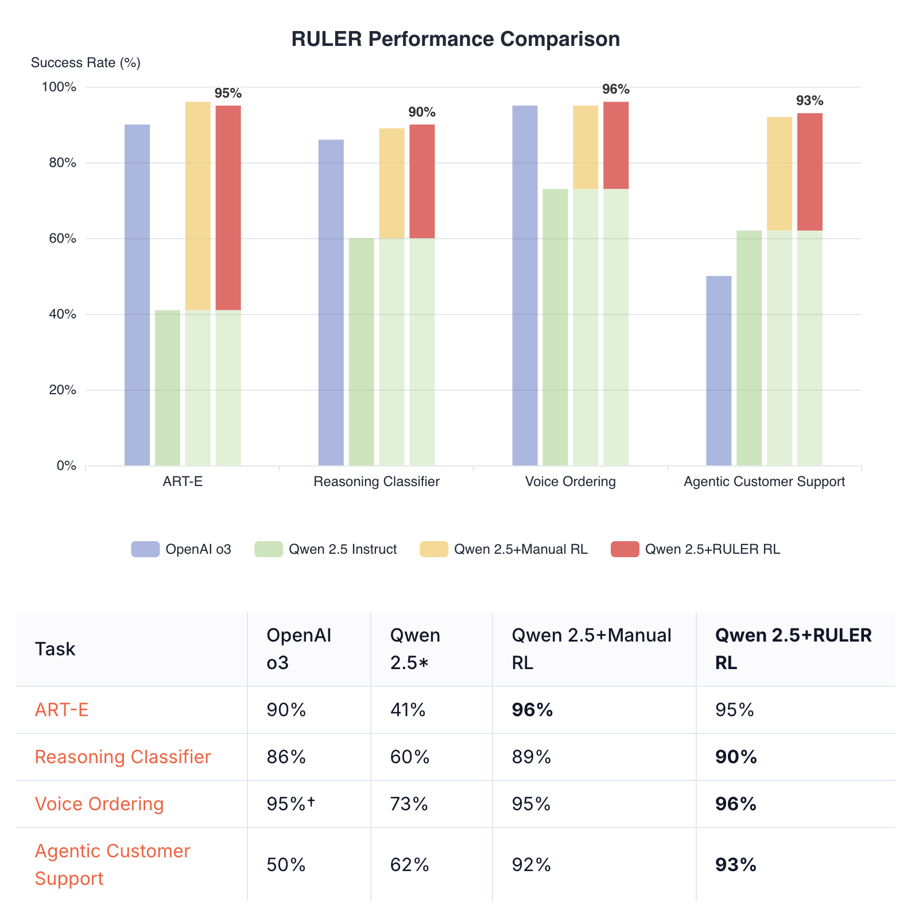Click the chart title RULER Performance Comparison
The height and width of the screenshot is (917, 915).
click(x=455, y=39)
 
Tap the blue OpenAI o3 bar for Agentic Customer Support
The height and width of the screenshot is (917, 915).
click(x=719, y=371)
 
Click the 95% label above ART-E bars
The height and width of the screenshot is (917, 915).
click(x=228, y=93)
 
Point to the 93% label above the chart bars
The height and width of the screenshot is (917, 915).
click(x=809, y=101)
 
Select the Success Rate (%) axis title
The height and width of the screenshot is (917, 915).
click(x=86, y=63)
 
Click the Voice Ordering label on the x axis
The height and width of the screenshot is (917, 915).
click(x=570, y=481)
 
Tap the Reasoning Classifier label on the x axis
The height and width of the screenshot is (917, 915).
click(x=377, y=481)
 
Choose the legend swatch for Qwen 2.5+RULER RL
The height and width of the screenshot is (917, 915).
click(x=625, y=549)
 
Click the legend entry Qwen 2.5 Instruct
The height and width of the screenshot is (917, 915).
click(x=343, y=549)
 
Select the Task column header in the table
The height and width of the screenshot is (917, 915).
click(x=55, y=649)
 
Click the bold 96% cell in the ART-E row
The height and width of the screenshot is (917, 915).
click(x=532, y=710)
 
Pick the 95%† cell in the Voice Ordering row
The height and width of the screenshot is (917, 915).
click(x=291, y=804)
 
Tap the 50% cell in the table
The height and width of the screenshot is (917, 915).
click(x=286, y=864)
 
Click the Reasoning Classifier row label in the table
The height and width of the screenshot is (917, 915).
click(x=123, y=757)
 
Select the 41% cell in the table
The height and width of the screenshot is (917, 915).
click(x=408, y=710)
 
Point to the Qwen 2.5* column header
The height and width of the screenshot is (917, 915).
click(x=415, y=649)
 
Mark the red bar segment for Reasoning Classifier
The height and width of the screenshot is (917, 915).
click(x=422, y=181)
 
